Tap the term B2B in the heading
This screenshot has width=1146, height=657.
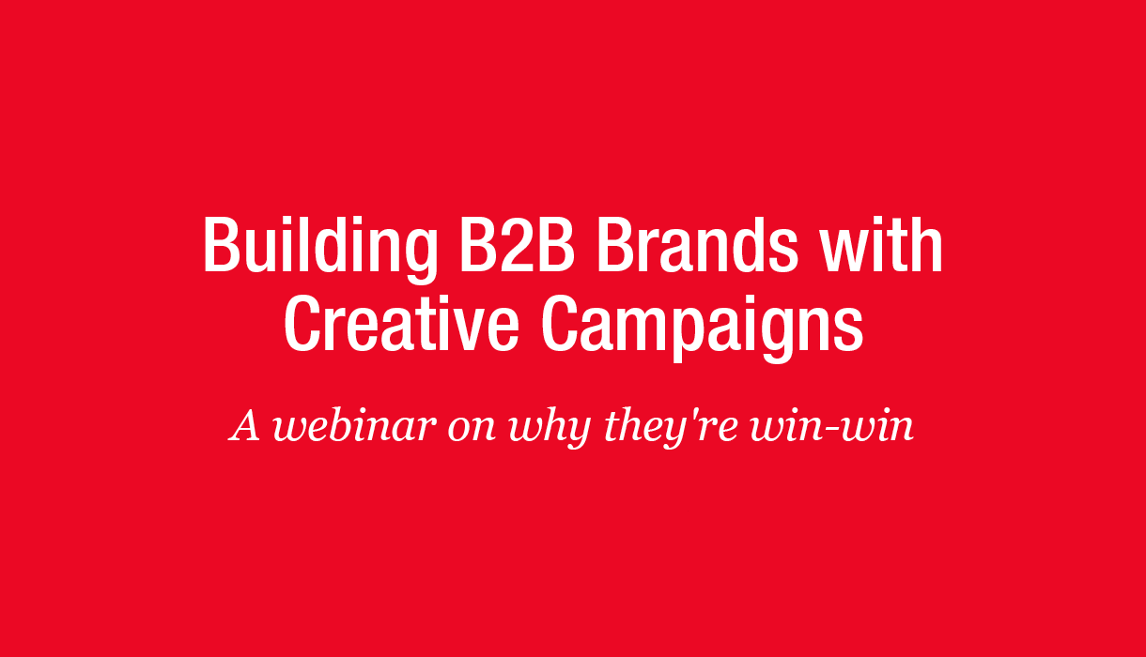pos(518,244)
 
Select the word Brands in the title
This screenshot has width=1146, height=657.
pos(697,244)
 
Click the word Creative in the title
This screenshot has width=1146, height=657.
pos(402,323)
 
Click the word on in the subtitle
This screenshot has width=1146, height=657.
pos(472,431)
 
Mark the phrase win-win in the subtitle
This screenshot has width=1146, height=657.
pos(832,426)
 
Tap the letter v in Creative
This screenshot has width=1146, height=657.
pos(468,330)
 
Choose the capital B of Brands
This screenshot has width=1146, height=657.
pos(617,244)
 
